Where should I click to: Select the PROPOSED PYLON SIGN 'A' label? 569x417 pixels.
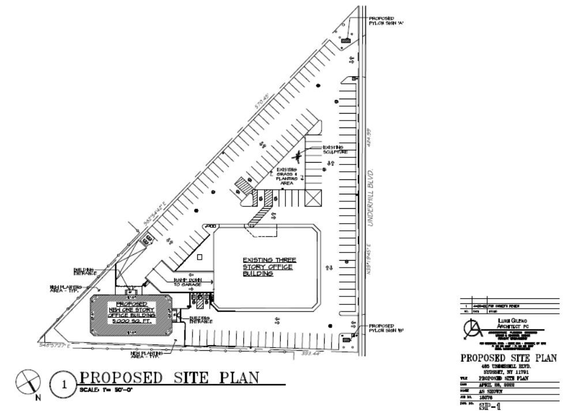382,21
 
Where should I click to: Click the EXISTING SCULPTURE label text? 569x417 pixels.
335,150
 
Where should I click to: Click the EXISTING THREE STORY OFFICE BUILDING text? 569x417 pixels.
267,266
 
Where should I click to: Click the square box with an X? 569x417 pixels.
314,197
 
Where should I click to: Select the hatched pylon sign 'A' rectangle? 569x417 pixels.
346,40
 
